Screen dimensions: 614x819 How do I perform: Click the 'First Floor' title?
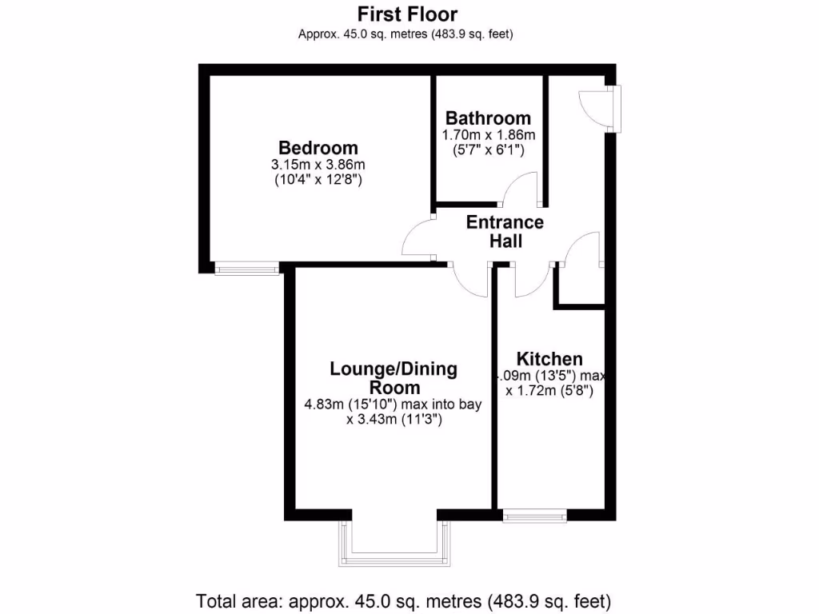click(408, 14)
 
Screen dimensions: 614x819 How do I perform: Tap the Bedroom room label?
click(318, 148)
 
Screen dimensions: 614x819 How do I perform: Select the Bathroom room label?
click(488, 118)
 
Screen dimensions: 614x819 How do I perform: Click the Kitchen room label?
click(549, 359)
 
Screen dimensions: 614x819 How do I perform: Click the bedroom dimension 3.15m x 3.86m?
click(318, 165)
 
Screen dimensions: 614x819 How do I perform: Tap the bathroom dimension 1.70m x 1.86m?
click(488, 135)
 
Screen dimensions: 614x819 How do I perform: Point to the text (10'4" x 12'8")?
click(318, 181)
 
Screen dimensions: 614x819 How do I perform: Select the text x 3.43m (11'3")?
click(394, 420)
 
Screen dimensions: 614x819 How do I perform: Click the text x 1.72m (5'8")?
click(549, 391)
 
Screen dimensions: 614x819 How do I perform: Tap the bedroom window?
click(246, 269)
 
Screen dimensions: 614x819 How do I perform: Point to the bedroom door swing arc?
click(416, 238)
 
